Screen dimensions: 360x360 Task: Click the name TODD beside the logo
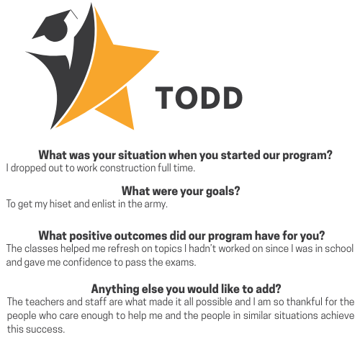tap(199, 98)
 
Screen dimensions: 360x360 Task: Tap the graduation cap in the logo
tap(55, 26)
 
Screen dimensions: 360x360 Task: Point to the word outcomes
tap(140, 236)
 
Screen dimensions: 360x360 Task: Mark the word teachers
tap(45, 302)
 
